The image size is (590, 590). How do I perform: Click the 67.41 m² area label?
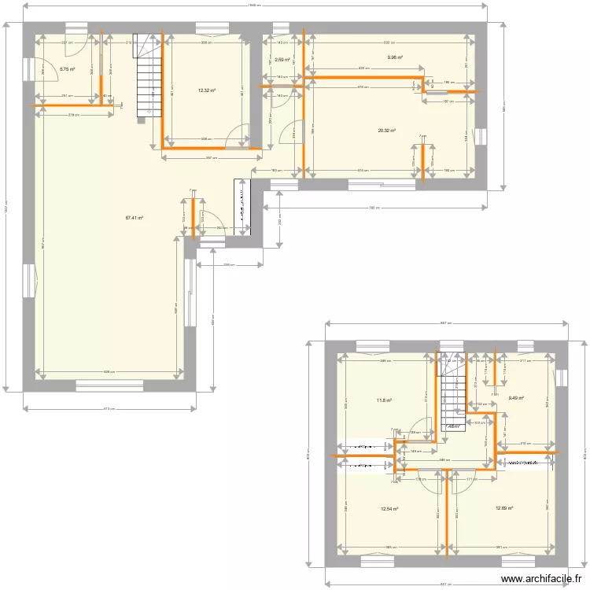pyautogui.click(x=134, y=218)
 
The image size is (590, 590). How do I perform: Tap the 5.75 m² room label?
pyautogui.click(x=68, y=69)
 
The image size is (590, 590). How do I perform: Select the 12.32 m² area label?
pyautogui.click(x=207, y=90)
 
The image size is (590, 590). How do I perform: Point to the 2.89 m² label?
pyautogui.click(x=282, y=59)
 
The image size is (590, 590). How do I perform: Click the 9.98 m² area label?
pyautogui.click(x=394, y=57)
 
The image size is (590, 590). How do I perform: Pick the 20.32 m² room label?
pyautogui.click(x=386, y=131)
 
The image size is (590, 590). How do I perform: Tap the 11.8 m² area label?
pyautogui.click(x=384, y=400)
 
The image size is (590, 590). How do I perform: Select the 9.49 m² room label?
pyautogui.click(x=516, y=397)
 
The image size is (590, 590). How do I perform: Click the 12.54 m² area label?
pyautogui.click(x=389, y=508)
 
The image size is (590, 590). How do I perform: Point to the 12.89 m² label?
pyautogui.click(x=504, y=508)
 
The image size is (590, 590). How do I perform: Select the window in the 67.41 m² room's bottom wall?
pyautogui.click(x=109, y=385)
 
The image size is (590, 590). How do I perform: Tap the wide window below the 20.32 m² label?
pyautogui.click(x=382, y=186)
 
